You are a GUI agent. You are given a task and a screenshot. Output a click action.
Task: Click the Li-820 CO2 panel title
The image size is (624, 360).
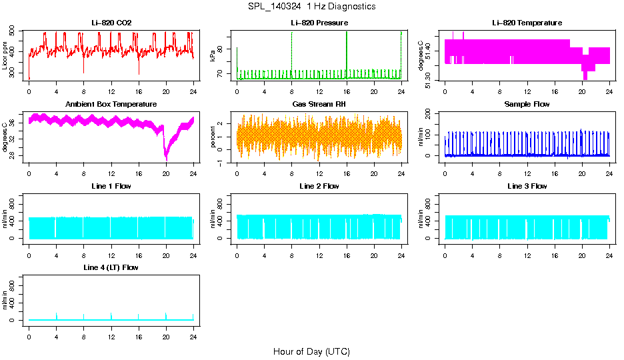(111, 23)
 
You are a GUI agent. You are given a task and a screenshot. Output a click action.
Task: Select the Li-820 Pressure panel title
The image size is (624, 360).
(319, 23)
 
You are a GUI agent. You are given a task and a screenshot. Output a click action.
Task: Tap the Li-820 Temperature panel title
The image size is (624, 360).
(527, 23)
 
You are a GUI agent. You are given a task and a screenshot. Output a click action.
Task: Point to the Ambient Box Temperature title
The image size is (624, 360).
(111, 105)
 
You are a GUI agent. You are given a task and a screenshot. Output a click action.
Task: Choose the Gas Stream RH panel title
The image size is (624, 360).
(319, 105)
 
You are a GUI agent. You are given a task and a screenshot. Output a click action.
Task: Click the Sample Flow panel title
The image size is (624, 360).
(527, 105)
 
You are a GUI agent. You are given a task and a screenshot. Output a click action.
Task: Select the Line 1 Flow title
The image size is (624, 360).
(111, 186)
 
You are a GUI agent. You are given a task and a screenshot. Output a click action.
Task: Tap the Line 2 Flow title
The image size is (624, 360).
(319, 186)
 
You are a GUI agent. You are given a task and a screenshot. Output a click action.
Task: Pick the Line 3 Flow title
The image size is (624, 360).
(527, 186)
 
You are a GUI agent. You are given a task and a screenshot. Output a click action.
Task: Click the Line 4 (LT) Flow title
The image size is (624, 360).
(111, 267)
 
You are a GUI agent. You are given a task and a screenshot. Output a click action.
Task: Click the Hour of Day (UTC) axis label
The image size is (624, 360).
(311, 351)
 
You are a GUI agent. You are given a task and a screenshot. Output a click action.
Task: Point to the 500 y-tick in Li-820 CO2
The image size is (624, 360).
(13, 31)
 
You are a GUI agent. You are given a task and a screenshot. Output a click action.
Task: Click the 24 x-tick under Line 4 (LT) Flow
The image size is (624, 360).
(193, 337)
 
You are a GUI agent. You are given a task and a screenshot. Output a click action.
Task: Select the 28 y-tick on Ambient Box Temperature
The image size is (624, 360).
(13, 156)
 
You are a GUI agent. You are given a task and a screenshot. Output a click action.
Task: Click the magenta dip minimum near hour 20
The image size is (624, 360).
(167, 160)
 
